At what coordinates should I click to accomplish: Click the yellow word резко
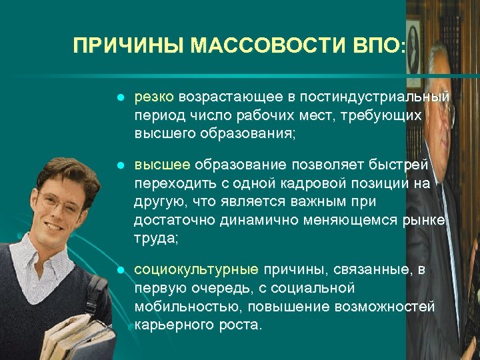click(154, 99)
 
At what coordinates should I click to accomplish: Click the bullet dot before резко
click(120, 99)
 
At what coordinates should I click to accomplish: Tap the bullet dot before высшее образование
click(120, 165)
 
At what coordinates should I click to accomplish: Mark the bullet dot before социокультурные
click(120, 270)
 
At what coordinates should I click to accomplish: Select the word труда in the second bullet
click(151, 238)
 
